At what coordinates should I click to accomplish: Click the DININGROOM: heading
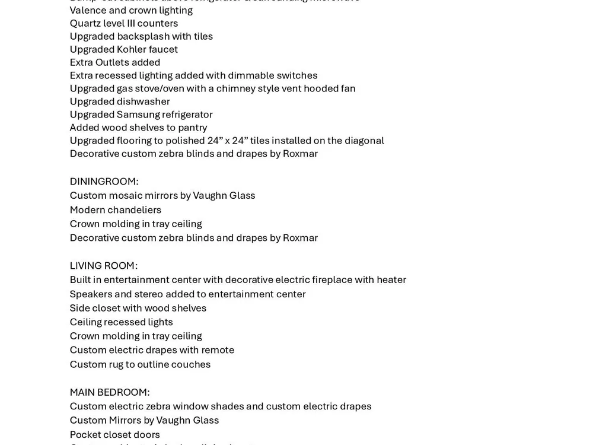(104, 182)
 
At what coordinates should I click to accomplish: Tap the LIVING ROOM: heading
(103, 266)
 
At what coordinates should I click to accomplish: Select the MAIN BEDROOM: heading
(109, 392)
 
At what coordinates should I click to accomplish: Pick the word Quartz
(86, 24)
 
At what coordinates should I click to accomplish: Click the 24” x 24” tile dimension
(227, 141)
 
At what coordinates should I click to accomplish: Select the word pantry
(192, 128)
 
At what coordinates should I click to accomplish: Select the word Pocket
(85, 435)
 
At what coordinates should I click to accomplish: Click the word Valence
(88, 10)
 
